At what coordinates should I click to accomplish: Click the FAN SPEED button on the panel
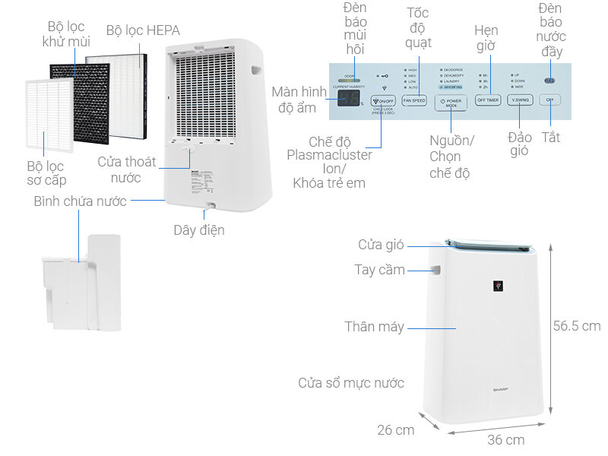click(414, 100)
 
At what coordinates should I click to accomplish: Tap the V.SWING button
click(521, 100)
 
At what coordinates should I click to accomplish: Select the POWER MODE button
click(451, 102)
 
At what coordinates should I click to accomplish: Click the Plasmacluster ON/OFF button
click(383, 100)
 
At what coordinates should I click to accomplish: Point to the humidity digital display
click(350, 100)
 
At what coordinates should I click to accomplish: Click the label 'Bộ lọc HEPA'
click(143, 31)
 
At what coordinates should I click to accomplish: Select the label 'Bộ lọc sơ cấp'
click(46, 173)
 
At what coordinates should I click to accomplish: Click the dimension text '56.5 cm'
click(576, 326)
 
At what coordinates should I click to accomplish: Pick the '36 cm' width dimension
click(505, 439)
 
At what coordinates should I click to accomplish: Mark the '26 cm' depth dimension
click(396, 429)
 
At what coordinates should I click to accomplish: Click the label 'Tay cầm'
click(379, 270)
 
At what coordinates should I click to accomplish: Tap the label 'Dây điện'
click(198, 230)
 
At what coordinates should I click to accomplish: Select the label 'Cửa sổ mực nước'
click(350, 383)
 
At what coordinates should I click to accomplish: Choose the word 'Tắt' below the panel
click(551, 138)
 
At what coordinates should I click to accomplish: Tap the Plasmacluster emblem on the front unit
click(499, 287)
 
